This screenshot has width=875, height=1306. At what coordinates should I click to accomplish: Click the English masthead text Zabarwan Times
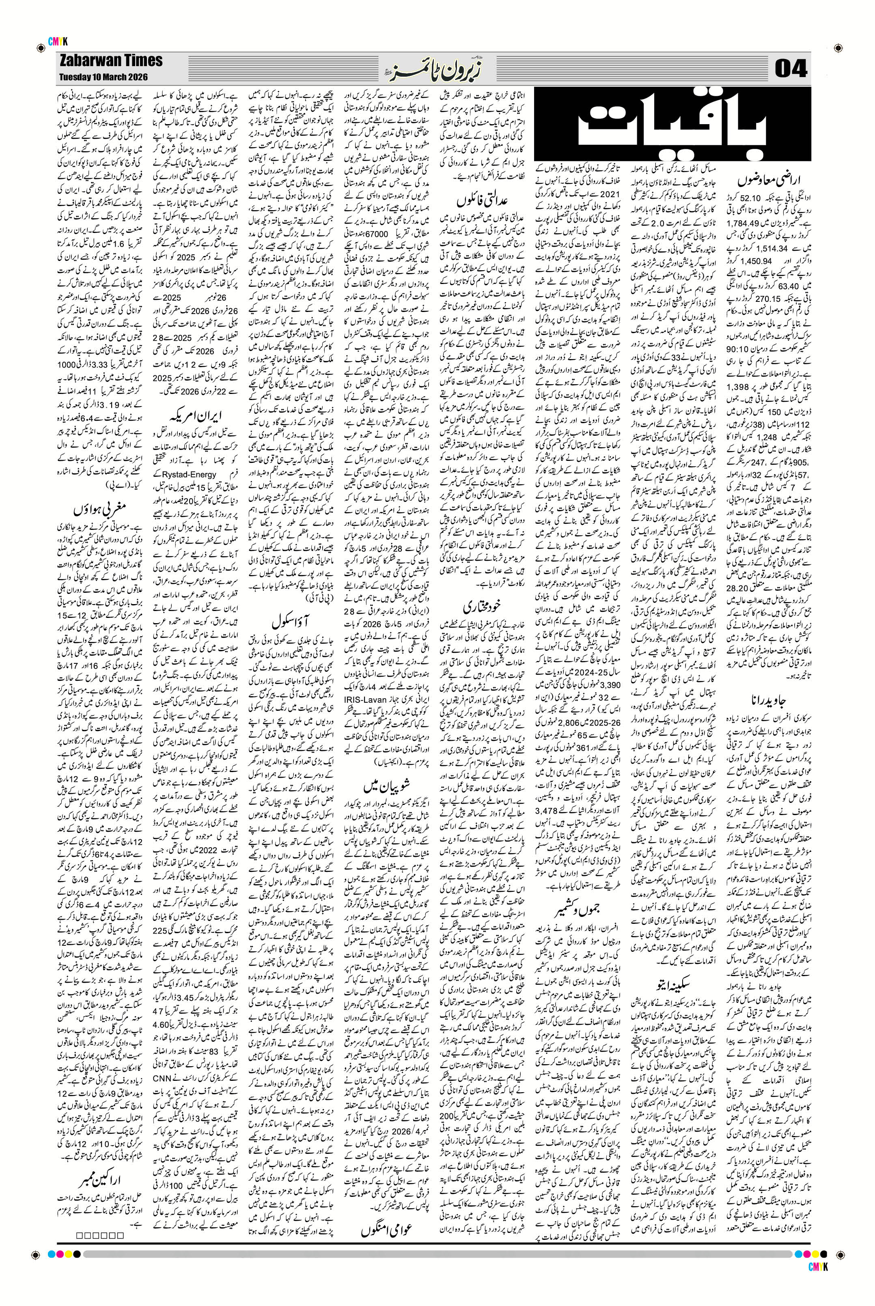point(110,60)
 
